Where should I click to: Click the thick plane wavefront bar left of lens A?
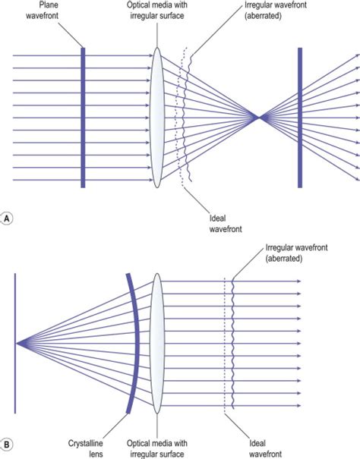pyautogui.click(x=83, y=118)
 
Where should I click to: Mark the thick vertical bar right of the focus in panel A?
pyautogui.click(x=300, y=118)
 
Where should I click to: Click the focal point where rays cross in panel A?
pyautogui.click(x=259, y=118)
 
